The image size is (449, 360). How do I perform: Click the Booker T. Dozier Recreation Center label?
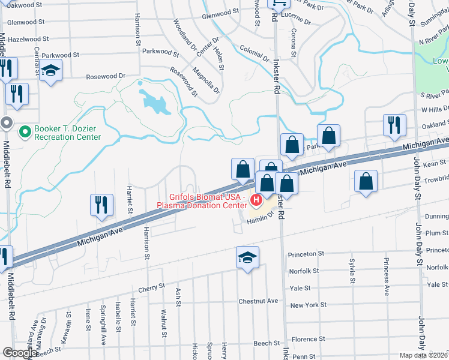[59, 133]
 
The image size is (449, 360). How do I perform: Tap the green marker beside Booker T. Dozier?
[25, 130]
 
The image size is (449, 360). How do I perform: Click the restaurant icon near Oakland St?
[394, 125]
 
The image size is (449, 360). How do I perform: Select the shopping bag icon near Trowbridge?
[366, 182]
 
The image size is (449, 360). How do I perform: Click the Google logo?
[19, 353]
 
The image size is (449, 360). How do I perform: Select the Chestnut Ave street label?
[258, 301]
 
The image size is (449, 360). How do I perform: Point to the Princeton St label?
[306, 254]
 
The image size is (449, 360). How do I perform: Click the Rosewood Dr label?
[105, 76]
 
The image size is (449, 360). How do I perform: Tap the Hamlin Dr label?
[259, 221]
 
